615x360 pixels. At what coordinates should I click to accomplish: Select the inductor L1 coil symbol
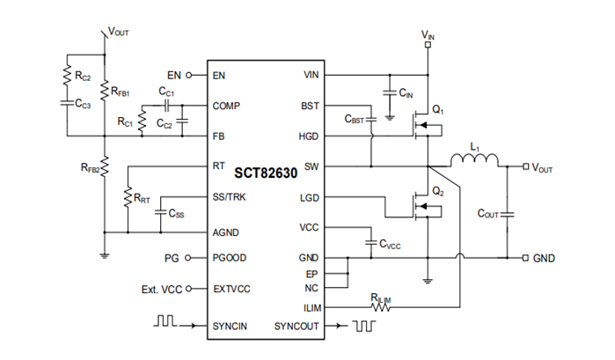click(x=475, y=161)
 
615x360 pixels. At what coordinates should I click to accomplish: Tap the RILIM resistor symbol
click(x=381, y=306)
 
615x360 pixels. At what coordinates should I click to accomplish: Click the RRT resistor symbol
click(x=128, y=195)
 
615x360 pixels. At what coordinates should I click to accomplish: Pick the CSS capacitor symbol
click(x=160, y=212)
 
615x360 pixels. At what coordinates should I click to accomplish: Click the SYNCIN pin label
click(x=231, y=326)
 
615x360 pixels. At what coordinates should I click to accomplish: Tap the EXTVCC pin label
click(x=232, y=288)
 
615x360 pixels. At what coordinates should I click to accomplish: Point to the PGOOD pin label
click(x=230, y=258)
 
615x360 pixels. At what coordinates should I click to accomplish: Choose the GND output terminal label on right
click(x=545, y=258)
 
